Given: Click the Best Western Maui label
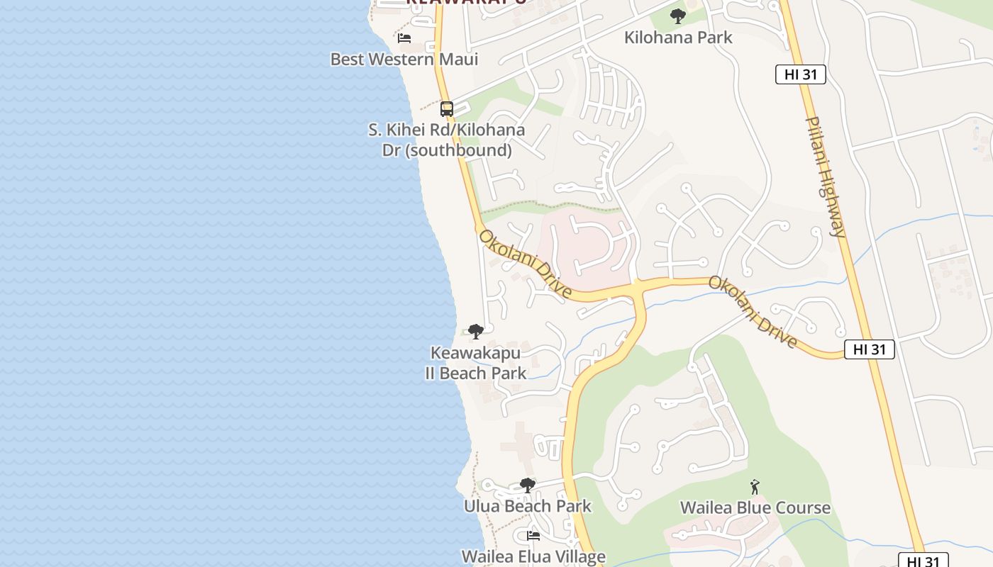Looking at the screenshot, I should pyautogui.click(x=404, y=59).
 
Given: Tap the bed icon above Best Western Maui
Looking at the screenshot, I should pyautogui.click(x=404, y=38).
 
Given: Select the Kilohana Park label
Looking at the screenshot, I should pyautogui.click(x=677, y=38).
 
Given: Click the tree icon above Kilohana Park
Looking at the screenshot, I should pyautogui.click(x=678, y=16).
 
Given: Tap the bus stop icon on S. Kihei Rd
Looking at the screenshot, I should pyautogui.click(x=447, y=109).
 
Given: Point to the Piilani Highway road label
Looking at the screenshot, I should pyautogui.click(x=826, y=177).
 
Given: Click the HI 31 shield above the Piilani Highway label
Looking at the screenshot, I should pyautogui.click(x=800, y=74).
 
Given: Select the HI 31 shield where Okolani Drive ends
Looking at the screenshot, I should pyautogui.click(x=869, y=349).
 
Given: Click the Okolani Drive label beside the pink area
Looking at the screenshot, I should pyautogui.click(x=526, y=263).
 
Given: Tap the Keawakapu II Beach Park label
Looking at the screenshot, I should pyautogui.click(x=476, y=363).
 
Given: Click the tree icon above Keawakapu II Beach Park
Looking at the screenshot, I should pyautogui.click(x=476, y=331).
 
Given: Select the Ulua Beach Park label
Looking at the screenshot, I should pyautogui.click(x=527, y=506).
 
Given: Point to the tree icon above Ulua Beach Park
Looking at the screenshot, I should pyautogui.click(x=527, y=485).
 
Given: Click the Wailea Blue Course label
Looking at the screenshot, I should pyautogui.click(x=755, y=507).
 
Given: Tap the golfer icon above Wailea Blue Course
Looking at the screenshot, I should pyautogui.click(x=755, y=488).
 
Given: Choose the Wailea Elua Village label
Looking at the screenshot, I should pyautogui.click(x=533, y=556).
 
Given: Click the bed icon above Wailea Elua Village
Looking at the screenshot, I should pyautogui.click(x=533, y=536).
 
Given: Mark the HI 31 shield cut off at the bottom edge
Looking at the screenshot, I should pyautogui.click(x=923, y=561).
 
